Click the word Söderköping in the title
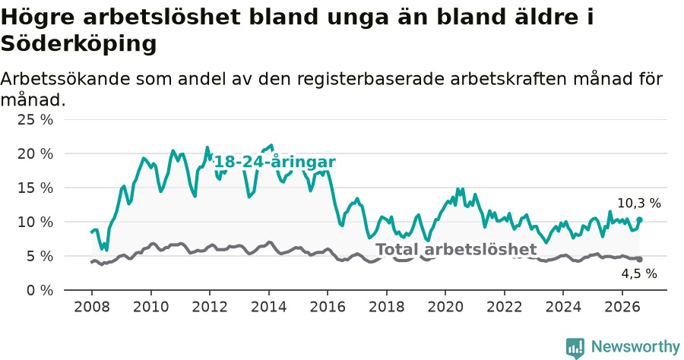click(78, 43)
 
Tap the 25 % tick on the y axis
click(35, 119)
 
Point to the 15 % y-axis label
click(35, 188)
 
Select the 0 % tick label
click(40, 290)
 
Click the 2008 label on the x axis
click(92, 307)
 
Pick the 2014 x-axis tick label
click(269, 307)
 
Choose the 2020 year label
click(445, 307)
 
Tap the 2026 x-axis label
click(622, 307)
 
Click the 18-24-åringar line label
click(275, 162)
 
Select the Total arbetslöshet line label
click(456, 249)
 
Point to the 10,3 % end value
click(639, 203)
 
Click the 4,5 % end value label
click(639, 273)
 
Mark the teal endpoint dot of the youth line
click(639, 219)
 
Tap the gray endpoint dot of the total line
click(639, 259)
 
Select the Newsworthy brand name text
click(635, 347)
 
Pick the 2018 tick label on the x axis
click(387, 307)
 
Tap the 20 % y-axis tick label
click(35, 154)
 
